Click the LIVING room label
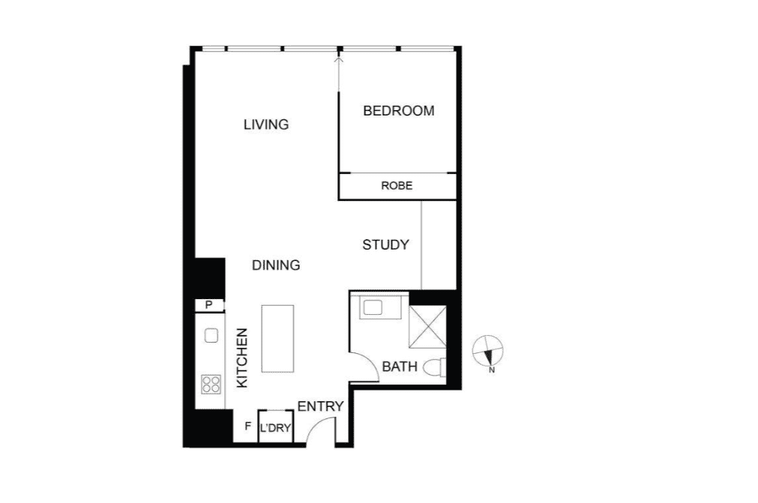266,124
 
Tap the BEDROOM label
398,111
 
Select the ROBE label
397,186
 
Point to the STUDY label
386,245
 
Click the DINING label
276,265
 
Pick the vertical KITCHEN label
242,358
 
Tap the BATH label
400,367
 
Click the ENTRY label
320,407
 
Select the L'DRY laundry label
276,427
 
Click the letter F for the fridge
248,427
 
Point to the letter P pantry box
209,305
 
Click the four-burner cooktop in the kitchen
211,385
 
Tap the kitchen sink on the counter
211,335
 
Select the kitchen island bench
277,339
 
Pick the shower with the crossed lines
427,327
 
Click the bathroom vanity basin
373,307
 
